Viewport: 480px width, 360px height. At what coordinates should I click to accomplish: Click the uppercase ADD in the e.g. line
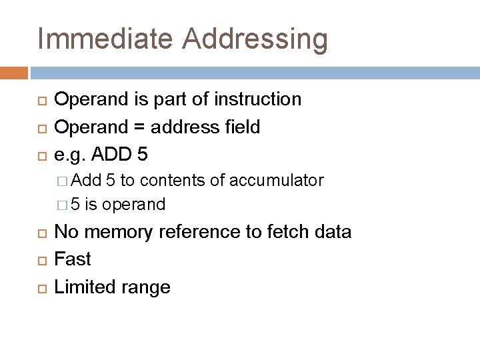[x=111, y=155]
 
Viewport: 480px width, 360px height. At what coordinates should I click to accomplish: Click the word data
[x=332, y=232]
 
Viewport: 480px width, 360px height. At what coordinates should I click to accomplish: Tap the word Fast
[x=73, y=259]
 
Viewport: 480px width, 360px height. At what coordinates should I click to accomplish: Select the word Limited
[x=82, y=287]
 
